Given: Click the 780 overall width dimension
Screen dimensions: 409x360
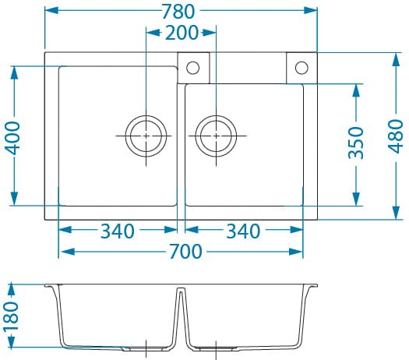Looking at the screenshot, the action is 178,12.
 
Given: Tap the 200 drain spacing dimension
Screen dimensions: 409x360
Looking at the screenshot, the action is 182,33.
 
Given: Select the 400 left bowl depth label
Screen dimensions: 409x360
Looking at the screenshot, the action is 12,138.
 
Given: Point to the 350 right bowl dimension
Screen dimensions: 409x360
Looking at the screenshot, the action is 356,143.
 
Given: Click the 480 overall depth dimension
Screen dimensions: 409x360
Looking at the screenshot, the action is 396,136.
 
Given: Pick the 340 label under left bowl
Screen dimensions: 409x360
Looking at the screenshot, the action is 118,231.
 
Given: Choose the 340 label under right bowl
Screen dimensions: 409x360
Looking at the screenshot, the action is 243,231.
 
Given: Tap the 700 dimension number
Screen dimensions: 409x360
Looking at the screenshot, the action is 185,252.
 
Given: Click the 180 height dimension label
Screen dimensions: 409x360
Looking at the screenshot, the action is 11,316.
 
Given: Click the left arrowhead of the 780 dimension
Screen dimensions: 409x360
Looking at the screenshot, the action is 51,10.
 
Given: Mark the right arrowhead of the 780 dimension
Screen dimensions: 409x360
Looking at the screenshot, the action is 310,10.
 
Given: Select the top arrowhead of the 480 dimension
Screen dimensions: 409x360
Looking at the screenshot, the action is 396,60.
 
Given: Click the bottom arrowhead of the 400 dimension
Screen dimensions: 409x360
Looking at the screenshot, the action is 14,199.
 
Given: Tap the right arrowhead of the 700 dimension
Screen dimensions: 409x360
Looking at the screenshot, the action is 296,252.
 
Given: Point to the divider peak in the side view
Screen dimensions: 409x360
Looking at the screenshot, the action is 182,289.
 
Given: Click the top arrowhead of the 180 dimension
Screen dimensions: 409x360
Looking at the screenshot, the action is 11,290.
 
